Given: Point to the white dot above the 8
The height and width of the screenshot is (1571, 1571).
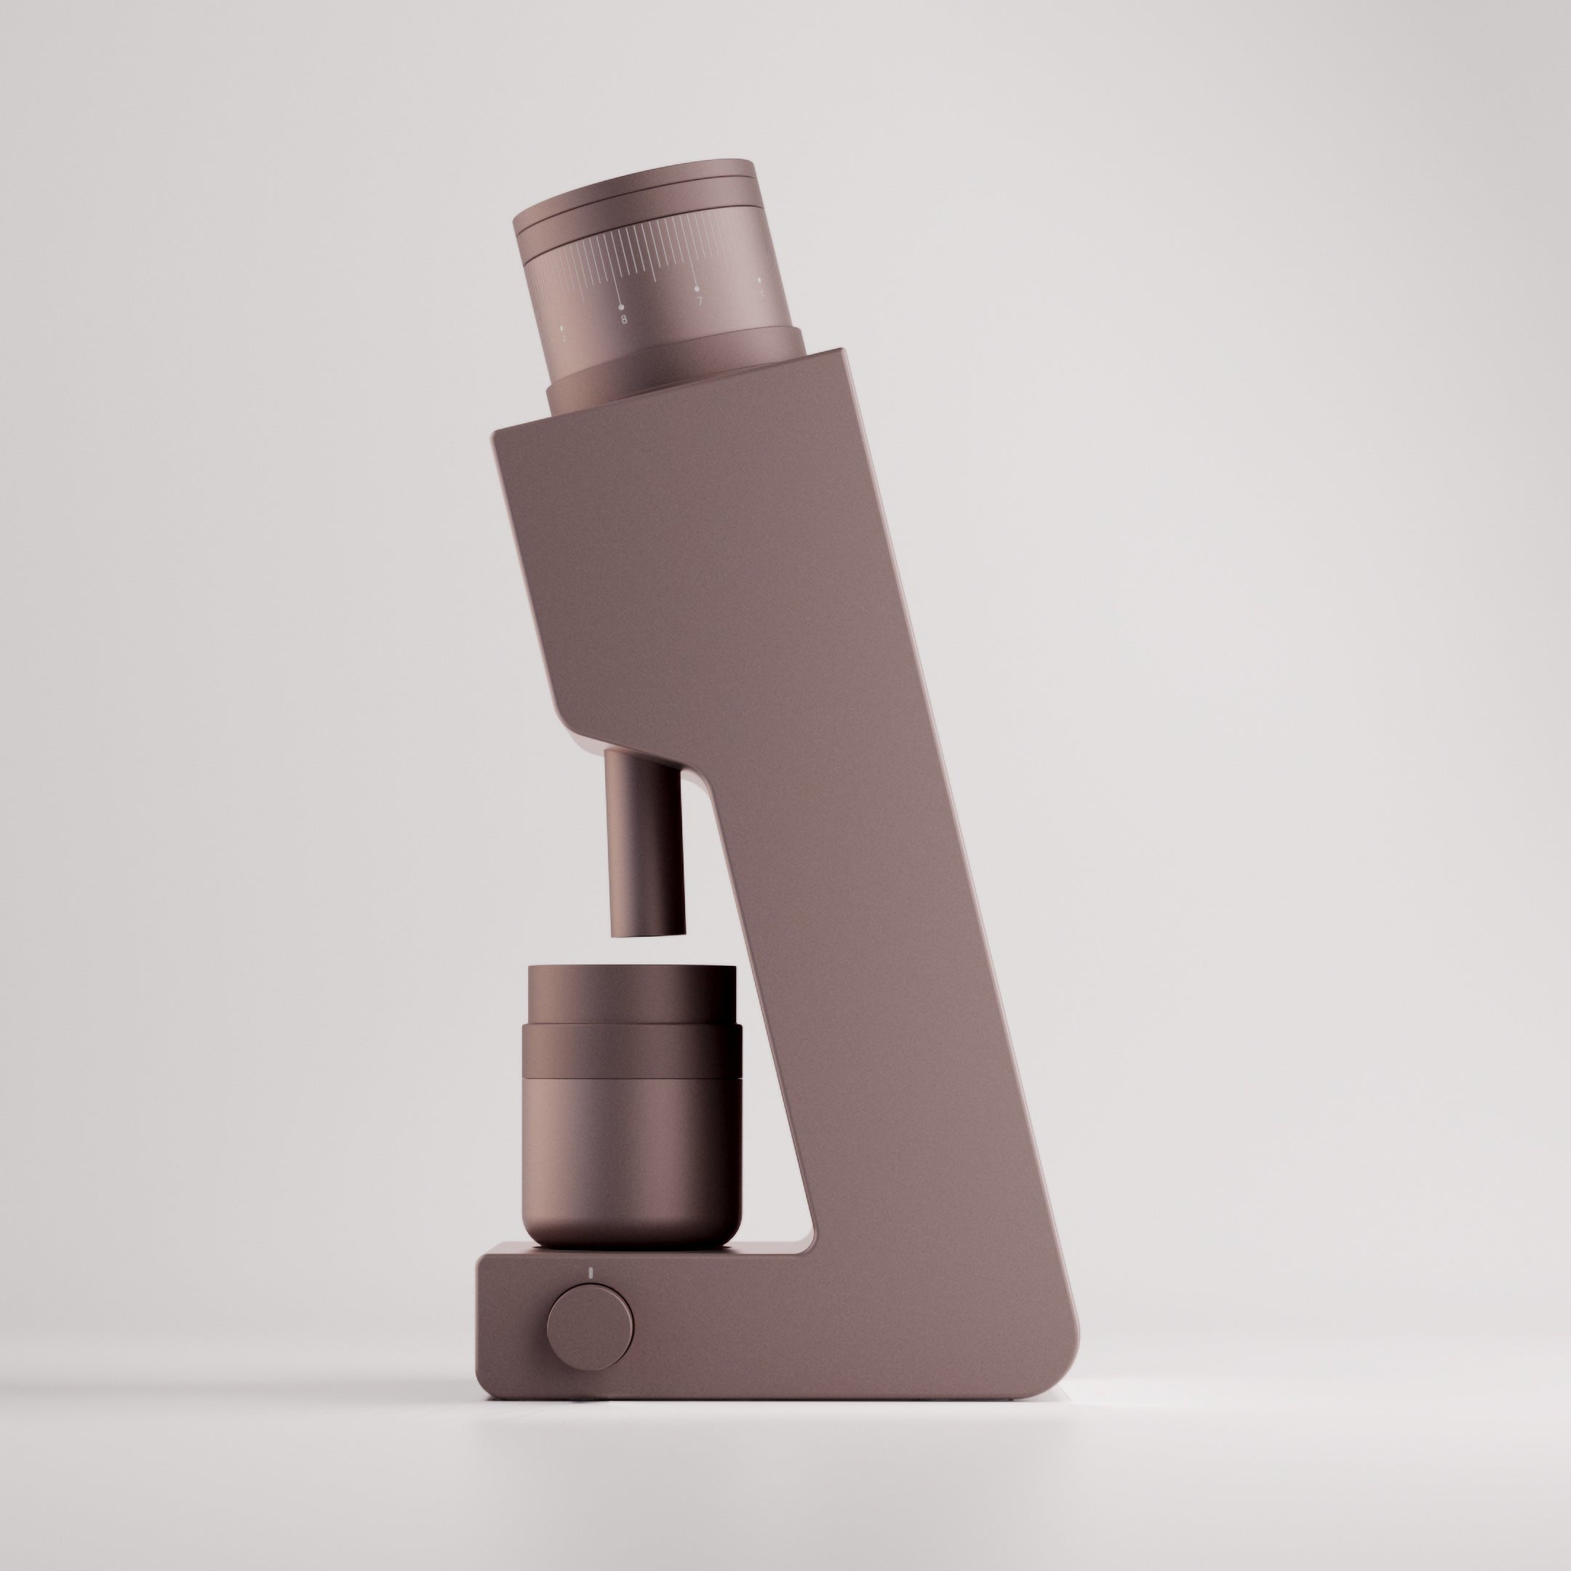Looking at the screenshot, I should tap(622, 306).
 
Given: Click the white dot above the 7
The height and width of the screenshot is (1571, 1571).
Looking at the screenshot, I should tap(697, 289).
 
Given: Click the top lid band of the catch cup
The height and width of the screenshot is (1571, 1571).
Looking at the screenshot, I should tap(632, 994).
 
